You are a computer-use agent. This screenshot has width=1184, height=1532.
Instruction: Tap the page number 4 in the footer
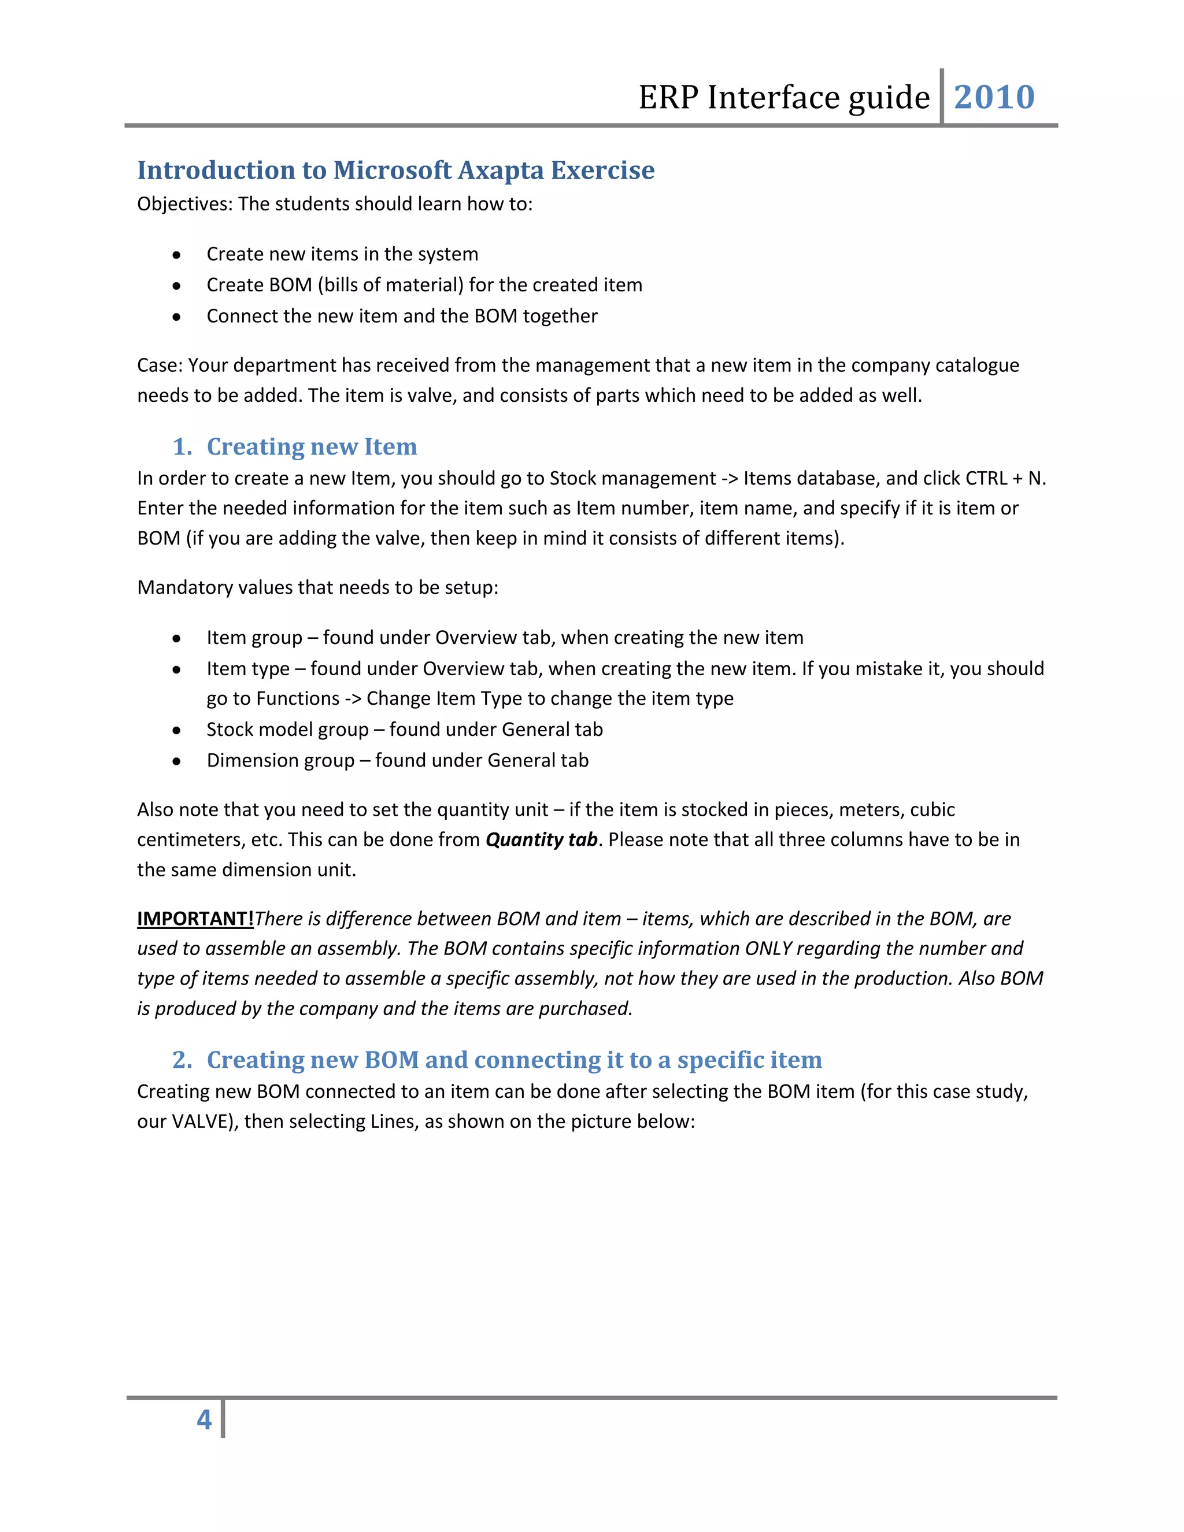[x=204, y=1420]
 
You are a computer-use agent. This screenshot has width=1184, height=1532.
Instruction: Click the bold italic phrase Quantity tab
[x=541, y=839]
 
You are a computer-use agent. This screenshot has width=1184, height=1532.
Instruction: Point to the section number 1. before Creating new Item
[x=182, y=447]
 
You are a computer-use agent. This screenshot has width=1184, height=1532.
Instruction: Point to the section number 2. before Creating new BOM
[x=182, y=1060]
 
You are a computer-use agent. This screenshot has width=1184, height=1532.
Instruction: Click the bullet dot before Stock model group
[x=177, y=730]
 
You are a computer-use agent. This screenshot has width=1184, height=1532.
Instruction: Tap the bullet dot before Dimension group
[x=177, y=761]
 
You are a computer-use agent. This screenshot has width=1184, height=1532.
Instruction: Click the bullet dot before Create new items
[x=177, y=254]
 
